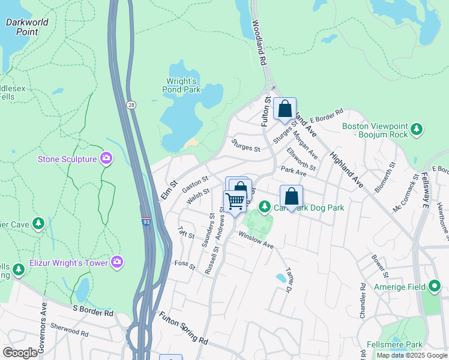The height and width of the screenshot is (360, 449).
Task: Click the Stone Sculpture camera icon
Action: click(x=106, y=158)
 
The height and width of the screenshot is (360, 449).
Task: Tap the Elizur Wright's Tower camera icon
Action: click(x=117, y=262)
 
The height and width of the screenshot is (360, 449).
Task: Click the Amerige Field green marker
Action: click(x=434, y=286)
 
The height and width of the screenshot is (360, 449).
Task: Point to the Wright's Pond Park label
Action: click(x=181, y=85)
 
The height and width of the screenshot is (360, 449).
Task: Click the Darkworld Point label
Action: click(x=26, y=26)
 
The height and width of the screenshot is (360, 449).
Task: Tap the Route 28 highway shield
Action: click(x=131, y=104)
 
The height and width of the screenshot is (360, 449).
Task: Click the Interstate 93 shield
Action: click(x=146, y=222)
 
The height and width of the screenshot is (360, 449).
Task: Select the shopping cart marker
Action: click(x=235, y=200)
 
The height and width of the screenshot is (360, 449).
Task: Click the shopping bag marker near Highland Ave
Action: click(x=285, y=109)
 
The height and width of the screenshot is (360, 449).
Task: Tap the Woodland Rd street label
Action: click(x=259, y=42)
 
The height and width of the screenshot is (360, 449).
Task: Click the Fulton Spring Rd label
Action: click(x=183, y=327)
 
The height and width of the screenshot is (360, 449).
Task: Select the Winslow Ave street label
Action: click(x=256, y=241)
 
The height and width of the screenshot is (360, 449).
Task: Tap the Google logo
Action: click(x=20, y=353)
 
